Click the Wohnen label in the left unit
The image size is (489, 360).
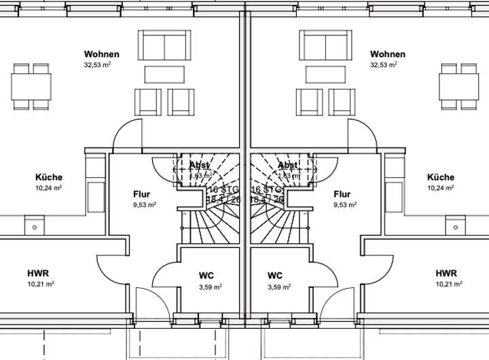[102, 54]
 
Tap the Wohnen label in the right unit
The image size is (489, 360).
[388, 54]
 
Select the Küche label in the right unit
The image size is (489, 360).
[441, 177]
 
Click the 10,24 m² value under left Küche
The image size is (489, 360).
[49, 188]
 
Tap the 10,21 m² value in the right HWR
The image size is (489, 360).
[449, 284]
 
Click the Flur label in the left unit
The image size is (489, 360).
[142, 194]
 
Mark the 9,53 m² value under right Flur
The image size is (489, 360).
[346, 204]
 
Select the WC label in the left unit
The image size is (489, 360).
[206, 276]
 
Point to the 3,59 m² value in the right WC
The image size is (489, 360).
[279, 287]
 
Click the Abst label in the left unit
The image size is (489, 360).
[200, 165]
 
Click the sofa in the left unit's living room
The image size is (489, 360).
[166, 46]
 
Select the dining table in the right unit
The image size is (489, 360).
[458, 86]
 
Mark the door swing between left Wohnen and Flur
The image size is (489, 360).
[127, 135]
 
